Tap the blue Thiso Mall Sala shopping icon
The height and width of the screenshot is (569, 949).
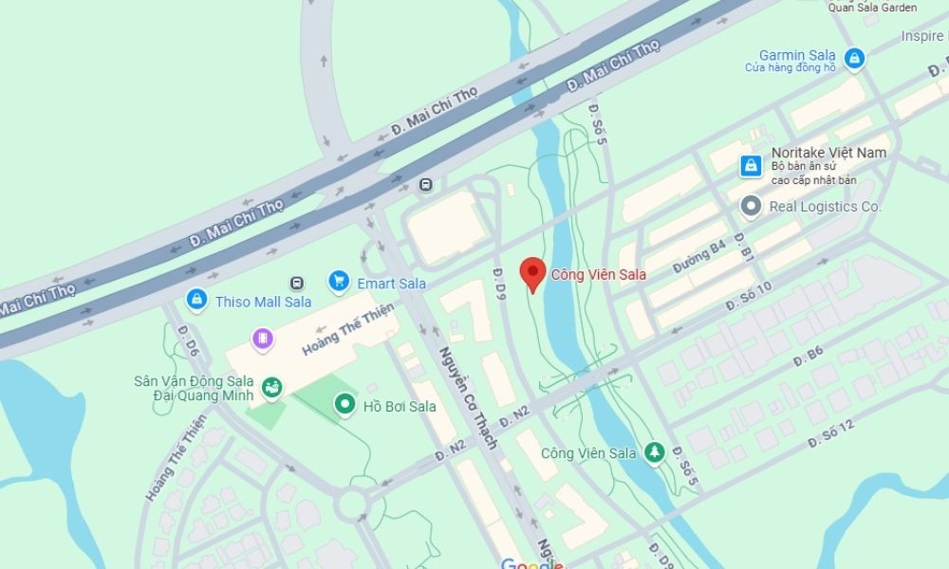(196, 301)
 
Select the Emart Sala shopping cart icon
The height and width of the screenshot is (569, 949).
(339, 282)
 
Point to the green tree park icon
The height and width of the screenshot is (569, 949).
(653, 452)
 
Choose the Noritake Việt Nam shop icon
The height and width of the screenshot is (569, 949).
(751, 166)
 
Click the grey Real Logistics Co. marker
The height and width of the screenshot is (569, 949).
(752, 206)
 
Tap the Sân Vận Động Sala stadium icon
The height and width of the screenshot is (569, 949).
(272, 386)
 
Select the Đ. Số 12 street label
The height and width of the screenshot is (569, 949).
(830, 433)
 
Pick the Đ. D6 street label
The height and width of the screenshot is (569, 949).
(187, 341)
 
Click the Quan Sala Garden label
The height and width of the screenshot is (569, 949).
(872, 8)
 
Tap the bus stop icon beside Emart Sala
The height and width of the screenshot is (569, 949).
(298, 283)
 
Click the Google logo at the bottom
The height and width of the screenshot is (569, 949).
(531, 563)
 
